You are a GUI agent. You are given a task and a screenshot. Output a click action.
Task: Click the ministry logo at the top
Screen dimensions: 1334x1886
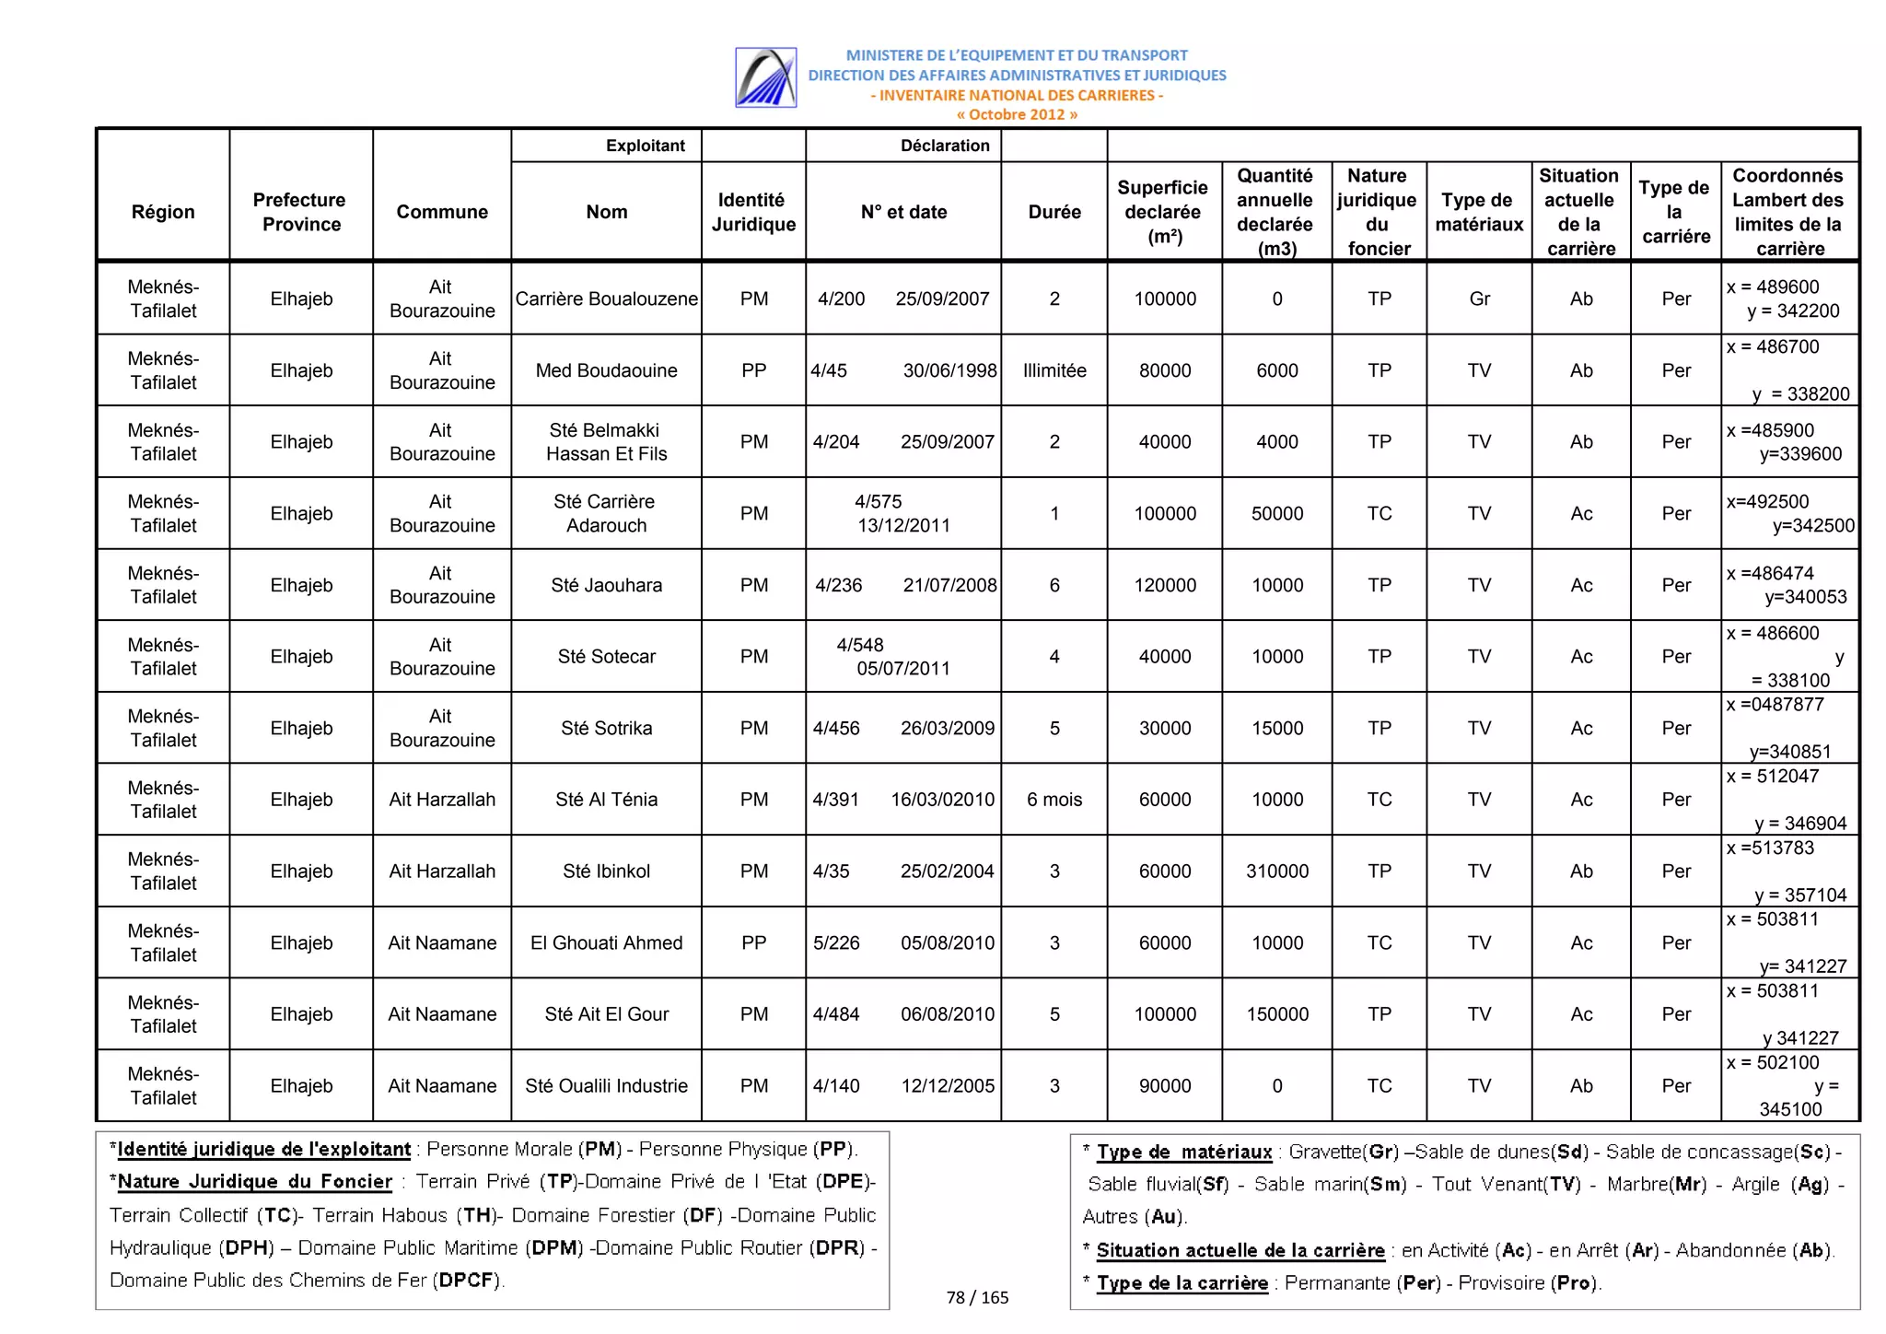765,77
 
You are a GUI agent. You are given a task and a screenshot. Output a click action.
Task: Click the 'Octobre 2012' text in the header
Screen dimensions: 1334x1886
1016,114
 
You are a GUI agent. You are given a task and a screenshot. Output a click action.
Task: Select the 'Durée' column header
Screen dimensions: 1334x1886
1054,212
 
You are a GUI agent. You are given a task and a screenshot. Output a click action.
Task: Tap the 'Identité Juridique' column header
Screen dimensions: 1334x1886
752,212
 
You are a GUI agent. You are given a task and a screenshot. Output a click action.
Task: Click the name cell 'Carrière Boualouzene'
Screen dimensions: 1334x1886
606,298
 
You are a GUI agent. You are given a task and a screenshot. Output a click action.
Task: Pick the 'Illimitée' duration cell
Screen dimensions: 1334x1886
1054,370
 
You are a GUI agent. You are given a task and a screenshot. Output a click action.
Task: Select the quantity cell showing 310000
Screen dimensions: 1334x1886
1276,871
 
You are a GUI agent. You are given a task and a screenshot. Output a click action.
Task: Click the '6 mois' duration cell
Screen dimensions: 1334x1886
1054,800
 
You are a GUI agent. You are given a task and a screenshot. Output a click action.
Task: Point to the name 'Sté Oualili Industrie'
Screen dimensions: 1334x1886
606,1085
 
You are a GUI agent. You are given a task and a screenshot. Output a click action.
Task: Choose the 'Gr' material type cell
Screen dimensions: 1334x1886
1479,298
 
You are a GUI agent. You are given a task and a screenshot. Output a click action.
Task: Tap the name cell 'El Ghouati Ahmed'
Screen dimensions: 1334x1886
606,942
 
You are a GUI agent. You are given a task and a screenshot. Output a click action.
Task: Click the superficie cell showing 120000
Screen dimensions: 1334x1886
1164,585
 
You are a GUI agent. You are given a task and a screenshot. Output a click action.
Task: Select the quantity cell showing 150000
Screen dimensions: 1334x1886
1276,1014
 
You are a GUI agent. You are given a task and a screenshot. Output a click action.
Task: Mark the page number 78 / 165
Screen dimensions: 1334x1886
977,1297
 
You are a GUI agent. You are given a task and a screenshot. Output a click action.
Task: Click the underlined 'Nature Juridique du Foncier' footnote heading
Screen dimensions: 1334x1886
255,1182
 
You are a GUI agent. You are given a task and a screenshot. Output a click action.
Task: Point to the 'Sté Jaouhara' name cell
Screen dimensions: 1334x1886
606,585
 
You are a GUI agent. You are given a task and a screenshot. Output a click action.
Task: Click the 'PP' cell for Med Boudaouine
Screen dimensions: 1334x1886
753,370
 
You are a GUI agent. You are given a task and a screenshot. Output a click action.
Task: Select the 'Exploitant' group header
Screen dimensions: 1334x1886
645,146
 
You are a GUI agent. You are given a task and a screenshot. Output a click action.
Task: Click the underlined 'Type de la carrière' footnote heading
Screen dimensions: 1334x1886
1182,1282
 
